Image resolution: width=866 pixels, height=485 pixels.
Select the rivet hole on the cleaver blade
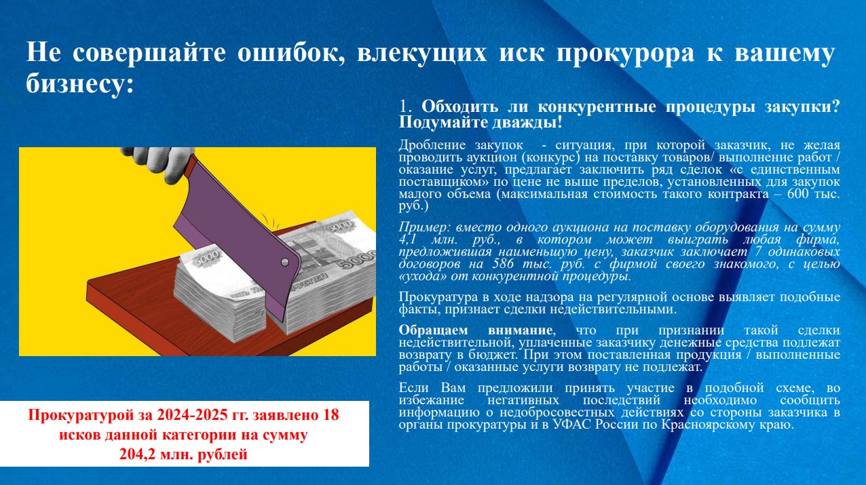[284, 262]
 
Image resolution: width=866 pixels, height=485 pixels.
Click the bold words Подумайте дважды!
[481, 123]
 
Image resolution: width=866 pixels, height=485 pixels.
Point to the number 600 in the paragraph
[797, 193]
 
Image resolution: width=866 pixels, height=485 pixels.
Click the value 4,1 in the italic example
[407, 240]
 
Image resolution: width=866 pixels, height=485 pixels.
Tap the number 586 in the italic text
[504, 265]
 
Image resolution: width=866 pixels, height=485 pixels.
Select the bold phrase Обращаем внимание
[476, 330]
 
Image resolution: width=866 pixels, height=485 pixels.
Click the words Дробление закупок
[461, 146]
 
